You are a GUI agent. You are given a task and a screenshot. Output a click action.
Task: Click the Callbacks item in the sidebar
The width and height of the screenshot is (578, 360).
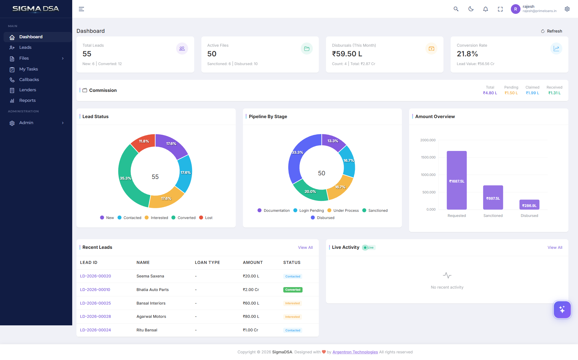[29, 80]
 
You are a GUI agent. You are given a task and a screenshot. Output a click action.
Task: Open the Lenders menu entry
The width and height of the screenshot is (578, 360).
[27, 90]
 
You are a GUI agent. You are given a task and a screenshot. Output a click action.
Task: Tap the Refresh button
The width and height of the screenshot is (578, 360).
[552, 31]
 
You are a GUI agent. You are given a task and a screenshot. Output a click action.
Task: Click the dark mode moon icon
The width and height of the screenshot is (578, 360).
[471, 9]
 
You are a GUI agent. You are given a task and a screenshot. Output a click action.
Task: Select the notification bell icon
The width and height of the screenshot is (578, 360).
[486, 9]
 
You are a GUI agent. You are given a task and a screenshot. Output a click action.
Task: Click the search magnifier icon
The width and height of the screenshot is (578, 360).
[456, 9]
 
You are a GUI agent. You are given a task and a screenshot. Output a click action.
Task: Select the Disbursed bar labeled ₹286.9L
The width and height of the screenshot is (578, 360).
[529, 205]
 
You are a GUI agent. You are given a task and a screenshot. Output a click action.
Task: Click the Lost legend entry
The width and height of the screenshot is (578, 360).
[206, 218]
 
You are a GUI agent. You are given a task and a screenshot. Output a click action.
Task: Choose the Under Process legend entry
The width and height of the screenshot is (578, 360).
[343, 211]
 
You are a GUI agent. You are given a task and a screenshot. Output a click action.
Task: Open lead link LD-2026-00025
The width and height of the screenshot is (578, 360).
[95, 303]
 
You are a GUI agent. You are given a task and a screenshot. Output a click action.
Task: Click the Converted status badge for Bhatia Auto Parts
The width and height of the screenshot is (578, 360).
[293, 290]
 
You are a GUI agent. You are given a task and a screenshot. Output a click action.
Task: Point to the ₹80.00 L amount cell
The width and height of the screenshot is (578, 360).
[251, 317]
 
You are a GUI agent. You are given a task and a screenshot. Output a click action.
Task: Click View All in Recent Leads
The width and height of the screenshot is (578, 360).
[305, 247]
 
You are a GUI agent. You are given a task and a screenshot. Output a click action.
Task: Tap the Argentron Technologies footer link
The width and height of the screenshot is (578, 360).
[355, 352]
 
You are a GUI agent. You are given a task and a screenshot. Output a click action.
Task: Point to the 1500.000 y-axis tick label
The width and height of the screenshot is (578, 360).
[428, 157]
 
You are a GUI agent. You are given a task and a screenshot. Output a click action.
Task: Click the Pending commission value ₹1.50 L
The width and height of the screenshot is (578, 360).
[511, 93]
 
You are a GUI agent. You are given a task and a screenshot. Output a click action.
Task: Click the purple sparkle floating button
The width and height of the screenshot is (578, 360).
[562, 309]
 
